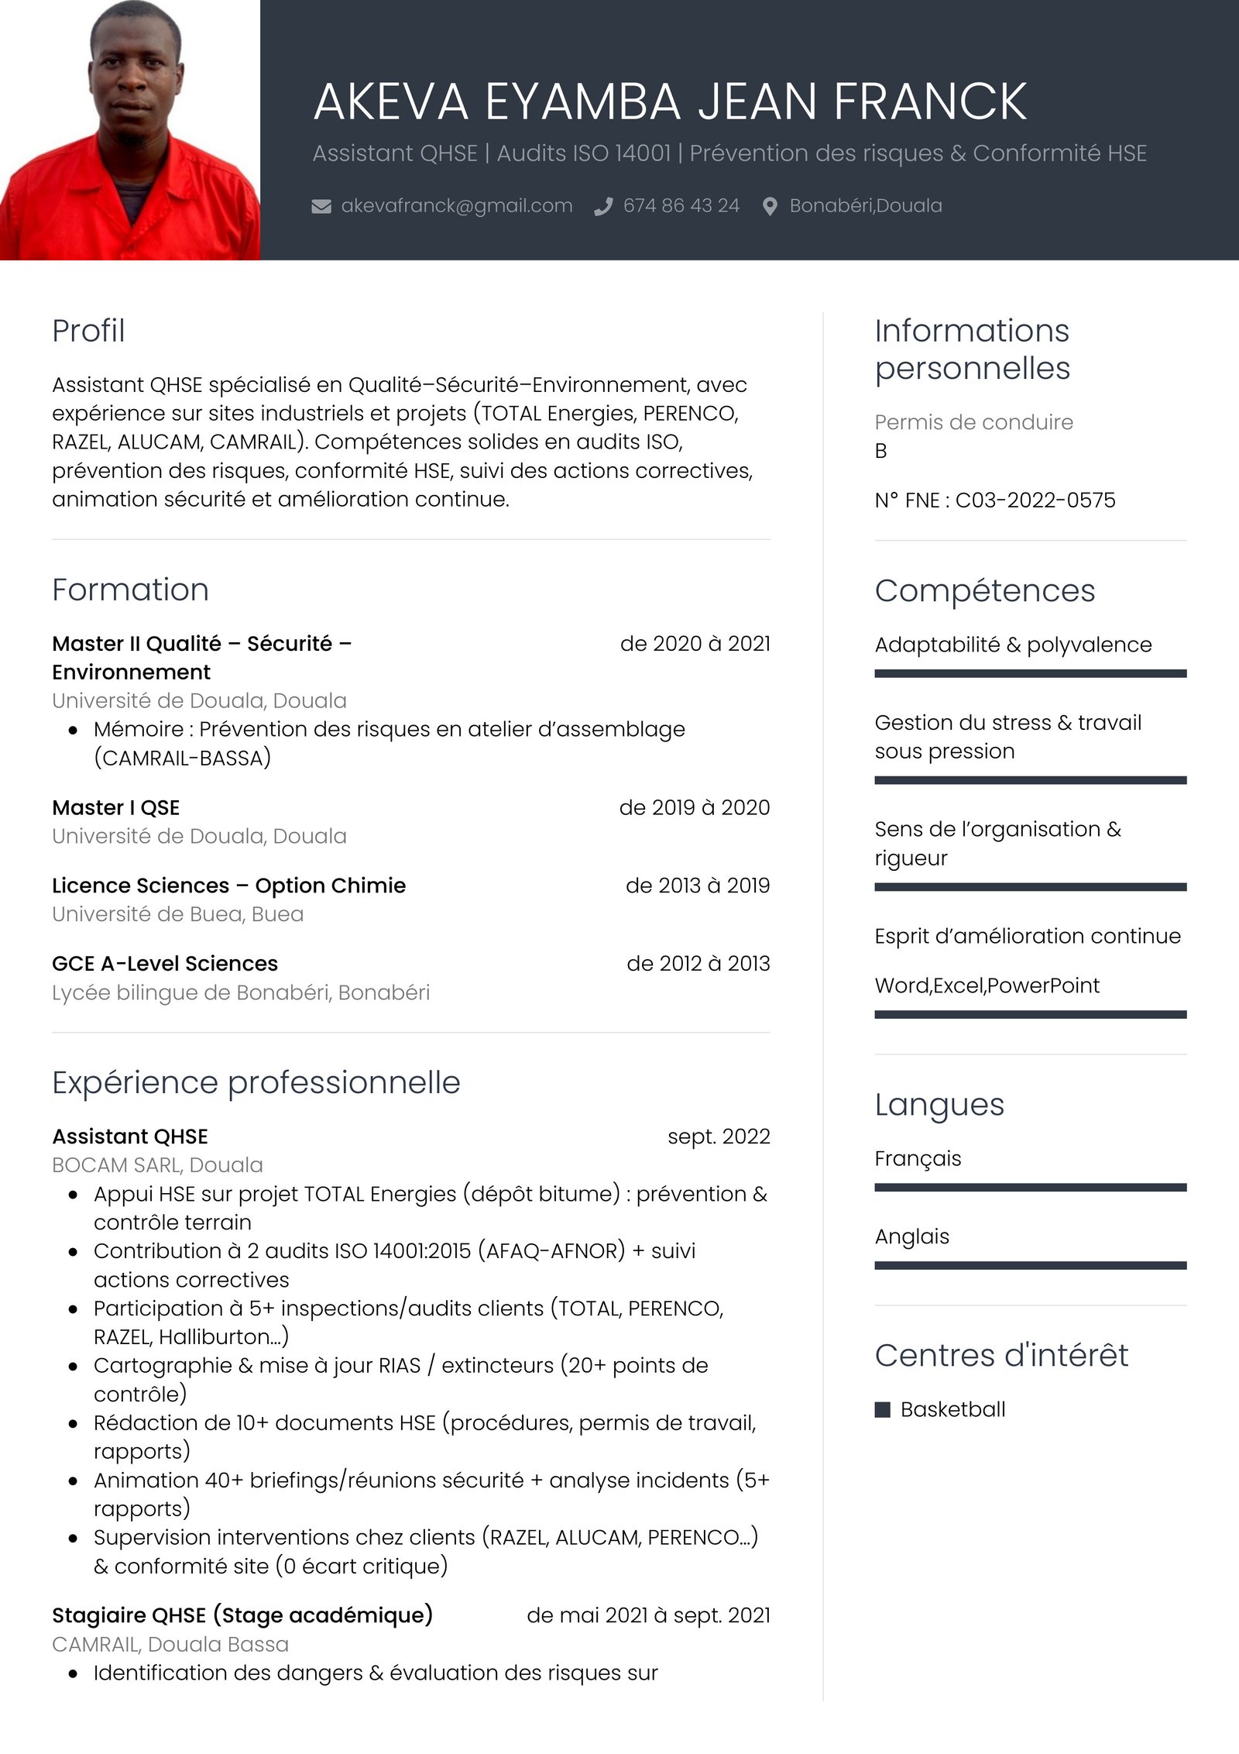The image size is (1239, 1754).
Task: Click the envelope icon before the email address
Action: coord(321,206)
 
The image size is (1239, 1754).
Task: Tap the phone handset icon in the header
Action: coord(603,206)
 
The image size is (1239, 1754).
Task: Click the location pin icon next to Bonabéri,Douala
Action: coord(770,206)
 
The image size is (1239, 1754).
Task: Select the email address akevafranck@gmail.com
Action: coord(456,206)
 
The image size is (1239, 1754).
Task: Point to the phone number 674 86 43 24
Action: coord(681,206)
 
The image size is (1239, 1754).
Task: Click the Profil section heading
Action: coord(88,331)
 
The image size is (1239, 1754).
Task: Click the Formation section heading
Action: coord(130,590)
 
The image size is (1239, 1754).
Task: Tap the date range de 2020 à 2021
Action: coord(695,644)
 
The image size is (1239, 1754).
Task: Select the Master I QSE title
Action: coord(115,807)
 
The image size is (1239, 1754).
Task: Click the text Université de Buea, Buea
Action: coord(177,914)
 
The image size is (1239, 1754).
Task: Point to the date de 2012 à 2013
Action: coord(698,964)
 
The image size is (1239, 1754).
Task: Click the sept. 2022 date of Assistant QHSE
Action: coord(719,1137)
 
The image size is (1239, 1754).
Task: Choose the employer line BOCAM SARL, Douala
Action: coord(157,1165)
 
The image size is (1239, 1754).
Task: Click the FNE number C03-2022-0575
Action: coord(1035,500)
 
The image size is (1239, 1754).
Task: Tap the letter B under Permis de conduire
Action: coord(880,451)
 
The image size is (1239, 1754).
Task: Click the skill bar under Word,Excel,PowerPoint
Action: coord(1030,1014)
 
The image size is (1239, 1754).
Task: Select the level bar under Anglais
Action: coord(1030,1265)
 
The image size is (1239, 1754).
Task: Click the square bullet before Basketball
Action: coord(882,1409)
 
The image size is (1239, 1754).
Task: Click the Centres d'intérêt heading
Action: coord(1000,1356)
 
